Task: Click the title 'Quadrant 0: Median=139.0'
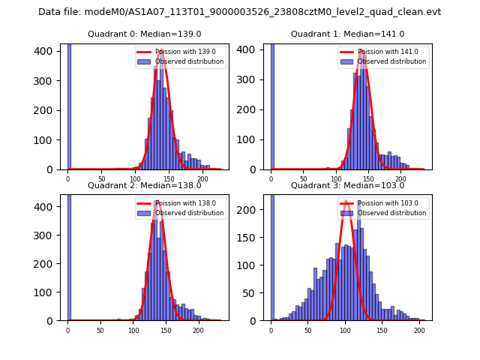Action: [x=144, y=34]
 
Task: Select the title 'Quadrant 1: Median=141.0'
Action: [x=347, y=34]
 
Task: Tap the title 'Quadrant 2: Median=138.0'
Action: [x=144, y=185]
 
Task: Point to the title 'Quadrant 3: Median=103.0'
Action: [x=347, y=185]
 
